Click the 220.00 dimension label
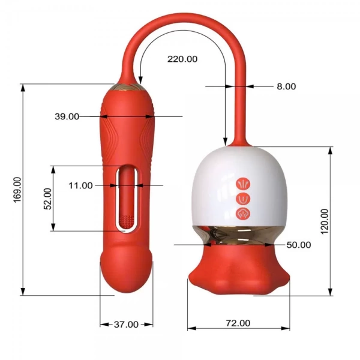coord(182,59)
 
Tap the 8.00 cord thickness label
coord(286,86)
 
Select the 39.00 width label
coord(67,116)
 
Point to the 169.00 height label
coord(17,190)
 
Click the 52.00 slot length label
coord(48,199)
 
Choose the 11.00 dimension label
coord(80,185)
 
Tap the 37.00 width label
coord(126,325)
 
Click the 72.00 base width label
coord(238,323)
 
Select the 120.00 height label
coord(325,221)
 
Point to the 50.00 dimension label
coord(299,245)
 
